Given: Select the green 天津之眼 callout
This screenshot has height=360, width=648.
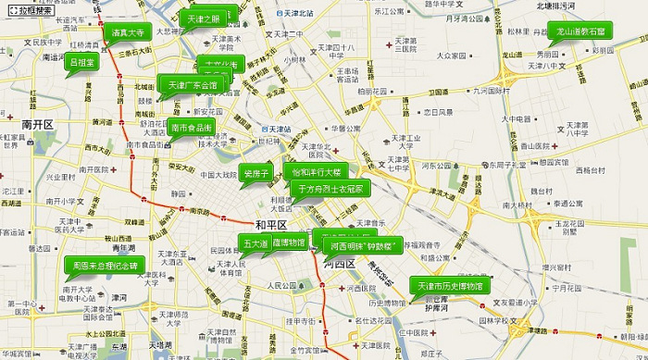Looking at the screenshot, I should [203, 19].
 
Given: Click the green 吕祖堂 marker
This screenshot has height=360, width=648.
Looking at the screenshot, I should [81, 63].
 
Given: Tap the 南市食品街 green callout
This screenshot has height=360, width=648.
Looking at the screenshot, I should [192, 127].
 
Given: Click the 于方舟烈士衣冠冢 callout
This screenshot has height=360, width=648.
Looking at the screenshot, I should [331, 188].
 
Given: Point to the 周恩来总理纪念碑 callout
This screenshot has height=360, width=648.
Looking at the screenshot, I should [105, 266].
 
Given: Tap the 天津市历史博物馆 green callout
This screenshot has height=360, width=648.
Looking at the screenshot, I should [450, 285].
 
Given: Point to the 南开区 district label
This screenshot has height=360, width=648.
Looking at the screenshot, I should [39, 123].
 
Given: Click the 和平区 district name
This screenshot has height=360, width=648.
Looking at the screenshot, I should [271, 225].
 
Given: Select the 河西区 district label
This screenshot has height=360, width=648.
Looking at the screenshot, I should [340, 265].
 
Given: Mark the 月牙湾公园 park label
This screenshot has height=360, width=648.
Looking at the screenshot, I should [467, 18].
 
